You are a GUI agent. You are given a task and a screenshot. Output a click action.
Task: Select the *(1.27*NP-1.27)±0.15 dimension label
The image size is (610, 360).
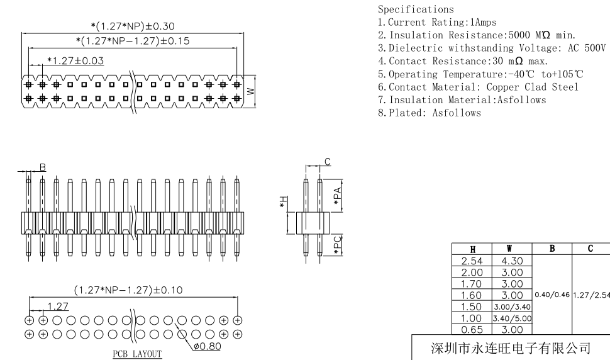132,42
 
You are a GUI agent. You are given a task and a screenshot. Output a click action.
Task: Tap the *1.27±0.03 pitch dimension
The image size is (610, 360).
75,61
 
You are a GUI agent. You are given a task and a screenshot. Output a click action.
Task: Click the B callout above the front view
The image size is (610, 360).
43,167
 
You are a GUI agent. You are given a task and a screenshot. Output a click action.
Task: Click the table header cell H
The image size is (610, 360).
472,250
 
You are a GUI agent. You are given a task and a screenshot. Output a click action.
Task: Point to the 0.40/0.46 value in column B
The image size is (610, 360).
552,295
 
